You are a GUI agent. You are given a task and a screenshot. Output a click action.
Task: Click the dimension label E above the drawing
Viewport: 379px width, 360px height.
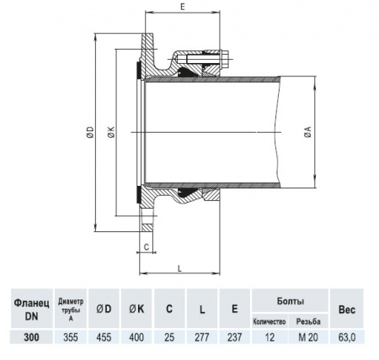coord(183,6)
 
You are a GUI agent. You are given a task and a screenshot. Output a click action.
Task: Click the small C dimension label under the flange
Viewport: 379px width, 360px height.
coord(146,246)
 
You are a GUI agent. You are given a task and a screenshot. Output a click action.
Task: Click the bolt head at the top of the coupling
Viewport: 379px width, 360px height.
coord(225,59)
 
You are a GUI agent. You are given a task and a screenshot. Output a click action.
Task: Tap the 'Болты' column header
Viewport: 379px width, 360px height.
coord(290,299)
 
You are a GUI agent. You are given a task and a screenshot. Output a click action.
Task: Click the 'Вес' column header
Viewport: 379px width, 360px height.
coord(347,308)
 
